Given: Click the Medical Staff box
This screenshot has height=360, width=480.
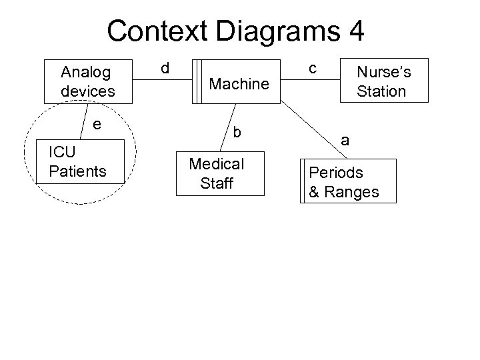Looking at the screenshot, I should pyautogui.click(x=220, y=173).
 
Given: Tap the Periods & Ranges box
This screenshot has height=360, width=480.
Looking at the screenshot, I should pyautogui.click(x=348, y=181).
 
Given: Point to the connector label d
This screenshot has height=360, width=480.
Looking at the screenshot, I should pyautogui.click(x=165, y=68).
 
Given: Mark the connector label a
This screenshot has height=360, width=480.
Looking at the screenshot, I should pyautogui.click(x=345, y=139).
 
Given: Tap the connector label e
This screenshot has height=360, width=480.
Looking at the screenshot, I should pyautogui.click(x=97, y=123).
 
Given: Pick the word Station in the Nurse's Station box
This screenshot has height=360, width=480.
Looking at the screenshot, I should pyautogui.click(x=381, y=90).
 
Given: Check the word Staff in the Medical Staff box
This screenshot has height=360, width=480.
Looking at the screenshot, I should pyautogui.click(x=216, y=183).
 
